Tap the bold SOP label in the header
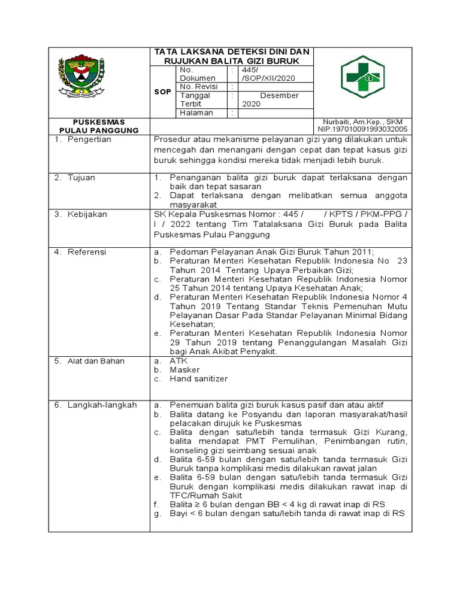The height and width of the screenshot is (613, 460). pyautogui.click(x=164, y=91)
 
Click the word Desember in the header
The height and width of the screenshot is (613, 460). pyautogui.click(x=279, y=95)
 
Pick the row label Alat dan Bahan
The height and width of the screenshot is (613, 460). pyautogui.click(x=93, y=361)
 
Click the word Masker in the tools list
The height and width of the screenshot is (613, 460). pyautogui.click(x=184, y=370)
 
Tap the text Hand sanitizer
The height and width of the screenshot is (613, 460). pyautogui.click(x=199, y=379)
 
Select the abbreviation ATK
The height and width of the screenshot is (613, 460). pyautogui.click(x=178, y=361)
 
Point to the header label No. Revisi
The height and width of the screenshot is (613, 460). pyautogui.click(x=199, y=86)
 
